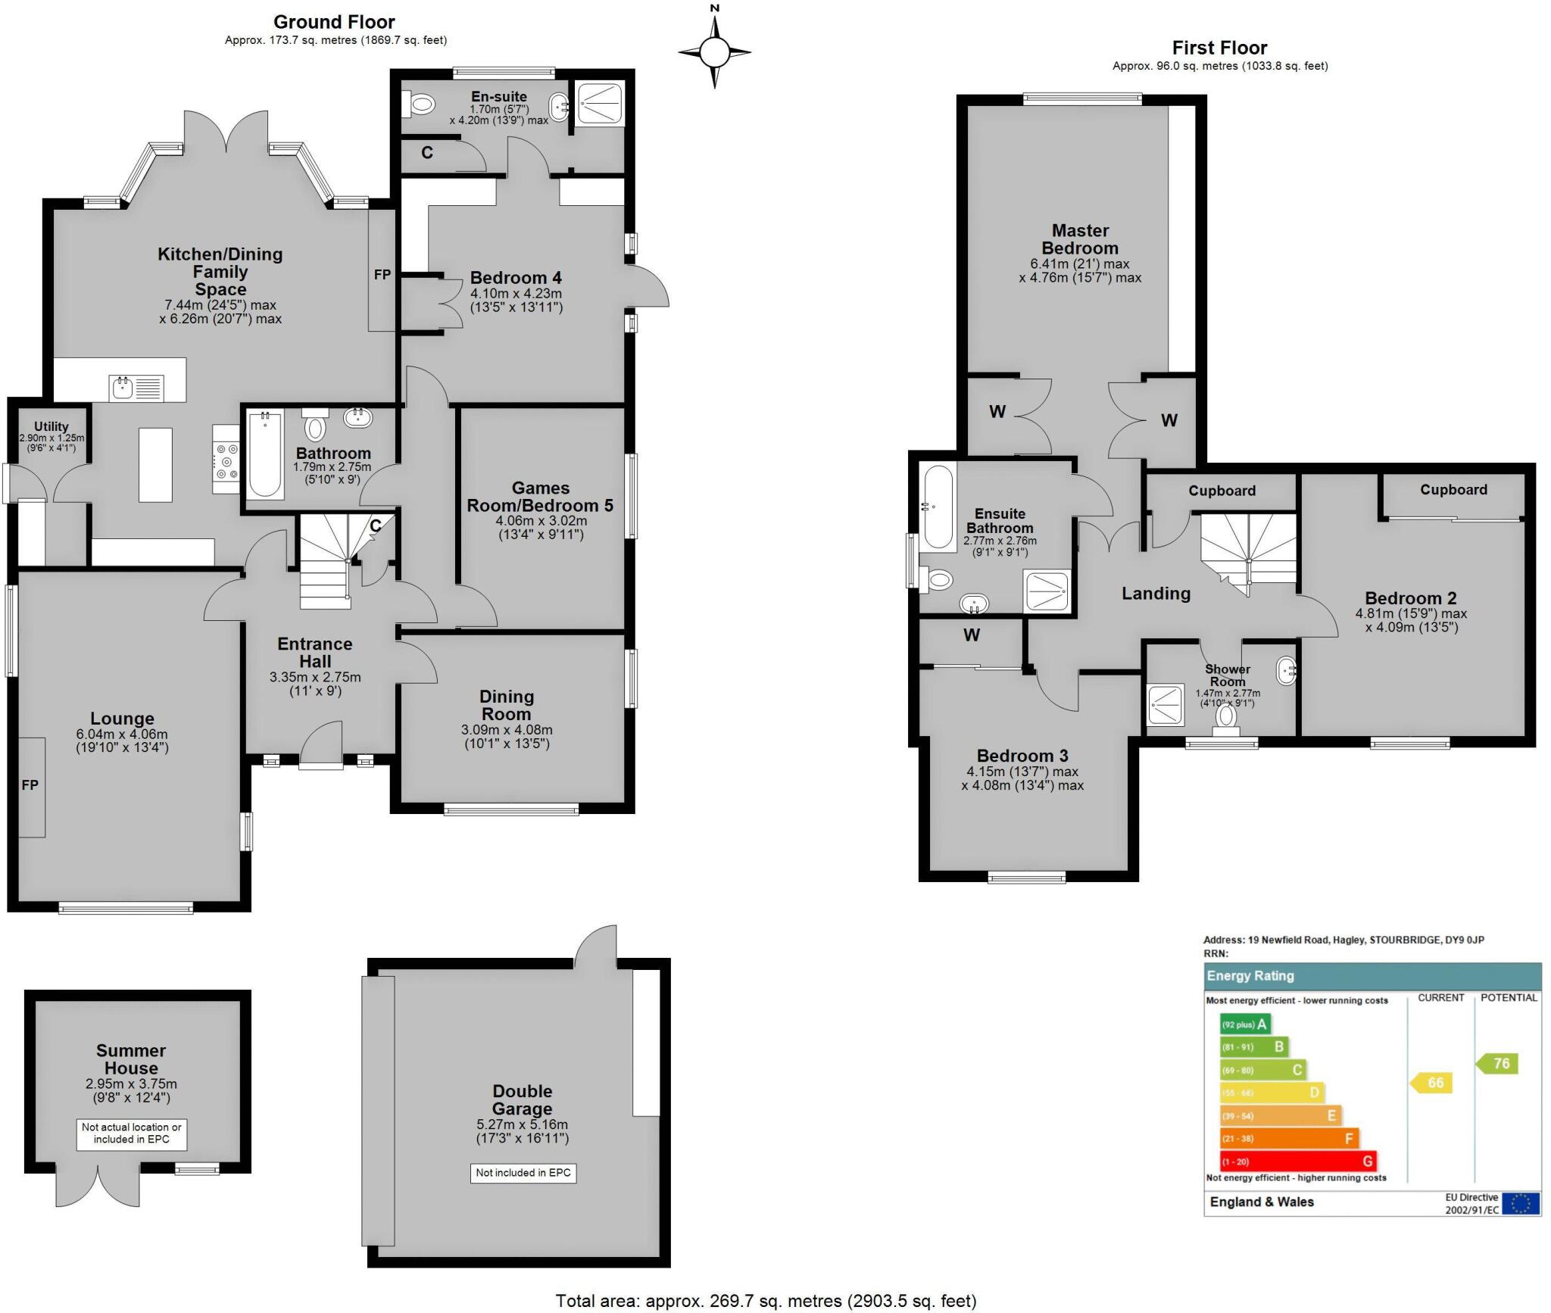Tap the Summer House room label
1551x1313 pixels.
click(x=131, y=1059)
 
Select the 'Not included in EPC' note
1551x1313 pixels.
click(x=523, y=1173)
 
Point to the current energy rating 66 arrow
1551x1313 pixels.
click(x=1431, y=1083)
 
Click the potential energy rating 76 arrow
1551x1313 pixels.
click(x=1497, y=1063)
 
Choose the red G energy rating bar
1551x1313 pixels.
click(x=1297, y=1161)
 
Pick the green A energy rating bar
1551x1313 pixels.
click(x=1245, y=1025)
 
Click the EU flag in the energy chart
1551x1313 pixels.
click(x=1521, y=1203)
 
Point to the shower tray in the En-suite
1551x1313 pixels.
click(x=601, y=104)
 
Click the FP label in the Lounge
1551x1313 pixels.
click(x=30, y=785)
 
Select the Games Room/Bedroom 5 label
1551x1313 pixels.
click(x=540, y=497)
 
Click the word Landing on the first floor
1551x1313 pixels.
click(x=1156, y=594)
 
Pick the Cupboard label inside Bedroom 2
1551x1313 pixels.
click(x=1453, y=490)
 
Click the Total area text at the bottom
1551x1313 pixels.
click(x=766, y=1301)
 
